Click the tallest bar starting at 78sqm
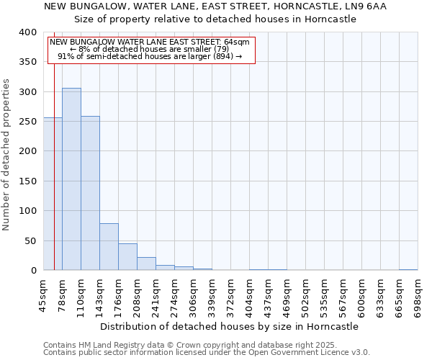click(x=71, y=179)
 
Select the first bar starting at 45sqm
click(x=53, y=194)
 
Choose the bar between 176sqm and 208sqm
click(x=127, y=257)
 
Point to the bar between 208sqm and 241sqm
click(x=146, y=264)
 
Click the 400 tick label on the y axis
click(x=27, y=32)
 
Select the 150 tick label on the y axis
click(x=27, y=181)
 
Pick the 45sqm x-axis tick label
click(x=43, y=295)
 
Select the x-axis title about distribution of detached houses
click(x=229, y=326)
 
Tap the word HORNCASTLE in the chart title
click(x=283, y=6)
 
